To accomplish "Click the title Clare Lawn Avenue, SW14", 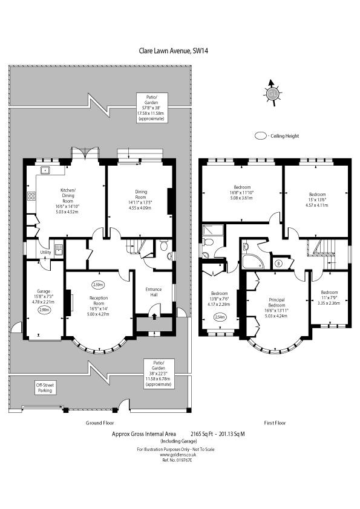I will point(180,52).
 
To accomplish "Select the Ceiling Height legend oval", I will point(261,137).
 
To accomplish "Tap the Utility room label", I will point(45,252).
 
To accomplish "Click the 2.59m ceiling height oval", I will point(97,284).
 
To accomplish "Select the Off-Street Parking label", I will point(44,388).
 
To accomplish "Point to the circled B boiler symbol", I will point(278,263).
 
